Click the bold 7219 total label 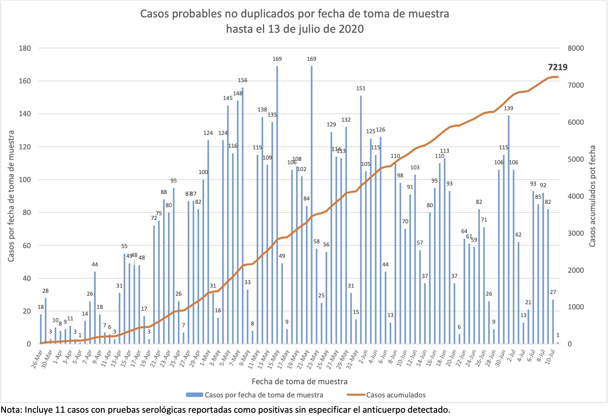pyautogui.click(x=557, y=67)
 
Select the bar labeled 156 pyautogui.click(x=243, y=213)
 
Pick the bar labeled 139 pyautogui.click(x=508, y=230)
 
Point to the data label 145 pyautogui.click(x=228, y=98)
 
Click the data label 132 pyautogui.click(x=346, y=120)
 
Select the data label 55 pyautogui.click(x=124, y=246)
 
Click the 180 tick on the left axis pyautogui.click(x=25, y=48)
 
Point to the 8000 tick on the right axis pyautogui.click(x=576, y=48)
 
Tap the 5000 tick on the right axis pyautogui.click(x=576, y=159)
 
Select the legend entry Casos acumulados pyautogui.click(x=396, y=395)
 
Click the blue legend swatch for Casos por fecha pyautogui.click(x=194, y=395)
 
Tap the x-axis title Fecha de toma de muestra pyautogui.click(x=300, y=381)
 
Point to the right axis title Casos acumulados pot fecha pyautogui.click(x=592, y=196)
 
